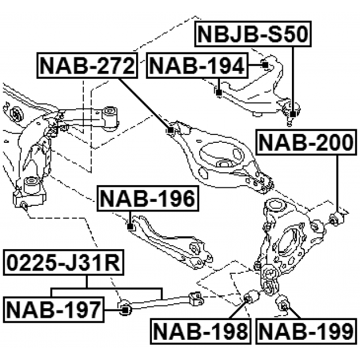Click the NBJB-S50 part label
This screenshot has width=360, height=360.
(x=252, y=36)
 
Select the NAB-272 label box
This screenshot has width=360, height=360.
(x=88, y=67)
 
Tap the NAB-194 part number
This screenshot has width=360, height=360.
(x=197, y=67)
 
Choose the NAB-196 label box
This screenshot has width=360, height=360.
(x=147, y=199)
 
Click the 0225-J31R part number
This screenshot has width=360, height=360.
(x=62, y=263)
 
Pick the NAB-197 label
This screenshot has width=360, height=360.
(x=53, y=309)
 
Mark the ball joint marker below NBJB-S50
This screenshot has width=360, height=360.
(x=293, y=106)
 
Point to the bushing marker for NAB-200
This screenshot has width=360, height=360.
(x=336, y=216)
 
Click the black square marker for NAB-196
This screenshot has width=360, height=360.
(x=130, y=227)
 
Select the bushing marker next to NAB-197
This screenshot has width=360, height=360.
(x=125, y=307)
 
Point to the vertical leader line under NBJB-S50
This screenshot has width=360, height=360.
(x=293, y=73)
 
